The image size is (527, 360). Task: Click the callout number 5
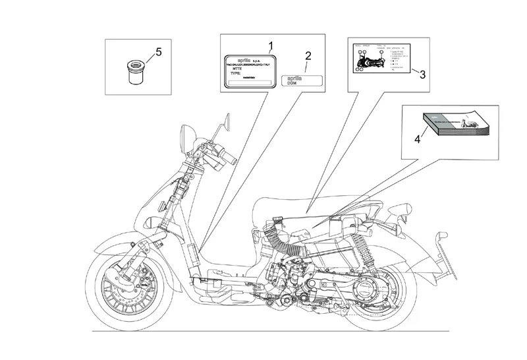pos(157,51)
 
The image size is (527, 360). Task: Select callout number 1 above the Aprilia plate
pos(270,45)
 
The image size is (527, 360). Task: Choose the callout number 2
pos(308,55)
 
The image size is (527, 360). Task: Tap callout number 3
pos(422,75)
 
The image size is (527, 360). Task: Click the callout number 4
pos(416,139)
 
